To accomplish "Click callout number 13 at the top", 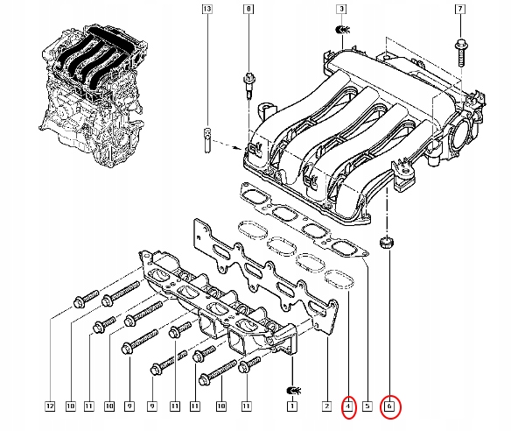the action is (206, 11).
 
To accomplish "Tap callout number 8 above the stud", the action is (248, 11).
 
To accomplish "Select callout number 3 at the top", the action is (339, 11).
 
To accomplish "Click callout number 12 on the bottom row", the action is (51, 406).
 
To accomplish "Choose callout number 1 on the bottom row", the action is (291, 406).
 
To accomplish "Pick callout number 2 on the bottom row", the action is (325, 406).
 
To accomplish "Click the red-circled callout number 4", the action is (348, 406).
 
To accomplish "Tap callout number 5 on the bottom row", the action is (367, 406).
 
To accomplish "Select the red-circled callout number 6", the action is (391, 406).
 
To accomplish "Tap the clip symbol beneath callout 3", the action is (340, 36).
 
